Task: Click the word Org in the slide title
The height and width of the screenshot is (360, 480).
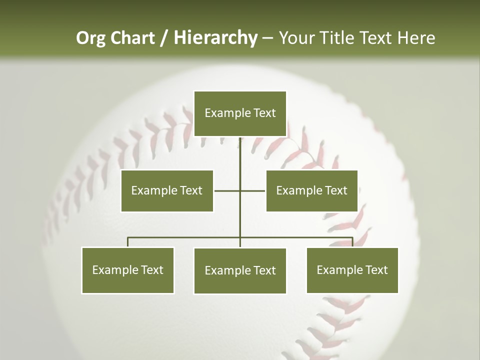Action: coord(91,38)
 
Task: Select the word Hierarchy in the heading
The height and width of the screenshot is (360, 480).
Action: coord(215,38)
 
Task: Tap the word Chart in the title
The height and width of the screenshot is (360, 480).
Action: coord(132,38)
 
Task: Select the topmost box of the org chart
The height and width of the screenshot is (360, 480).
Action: coord(240,113)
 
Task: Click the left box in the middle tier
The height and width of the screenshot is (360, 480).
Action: coord(167,190)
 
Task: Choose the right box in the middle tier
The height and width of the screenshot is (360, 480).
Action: coord(311,190)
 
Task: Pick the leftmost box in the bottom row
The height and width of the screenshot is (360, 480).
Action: coord(127,270)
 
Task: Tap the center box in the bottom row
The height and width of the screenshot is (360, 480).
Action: coord(240,270)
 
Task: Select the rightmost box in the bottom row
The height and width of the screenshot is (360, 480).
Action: coord(352,270)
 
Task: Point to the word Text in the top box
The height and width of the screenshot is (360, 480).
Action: coord(264,113)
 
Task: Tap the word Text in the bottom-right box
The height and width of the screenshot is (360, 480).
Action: coord(376,270)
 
